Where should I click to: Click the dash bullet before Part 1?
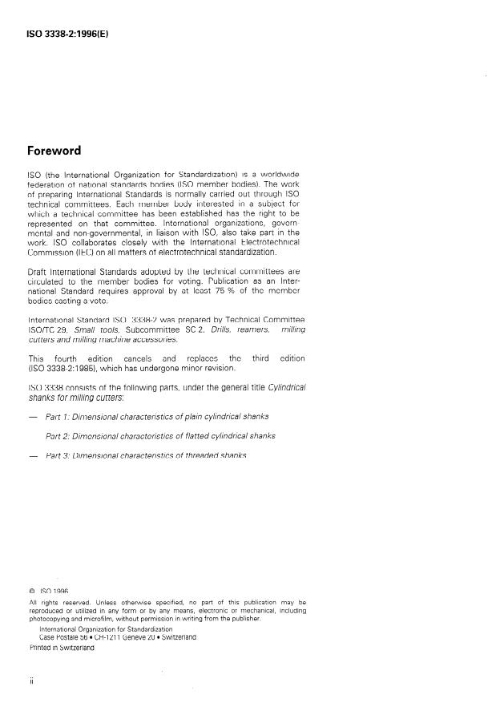pyautogui.click(x=32, y=417)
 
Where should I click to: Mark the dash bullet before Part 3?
pyautogui.click(x=32, y=455)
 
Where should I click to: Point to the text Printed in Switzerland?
pyautogui.click(x=62, y=648)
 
